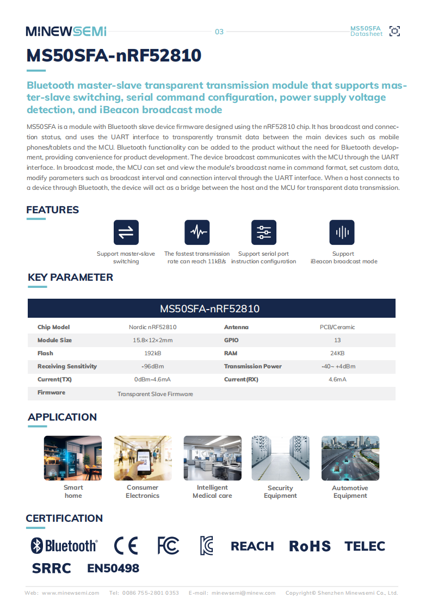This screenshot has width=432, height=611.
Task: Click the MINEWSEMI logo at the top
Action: (x=66, y=32)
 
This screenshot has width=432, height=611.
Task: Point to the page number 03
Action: (x=219, y=32)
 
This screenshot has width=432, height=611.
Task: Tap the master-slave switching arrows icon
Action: (x=126, y=232)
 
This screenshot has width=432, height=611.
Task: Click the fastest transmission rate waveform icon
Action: (x=197, y=232)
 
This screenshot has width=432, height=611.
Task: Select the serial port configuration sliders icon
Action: (x=263, y=232)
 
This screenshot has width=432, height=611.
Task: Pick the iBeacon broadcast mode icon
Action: (x=342, y=232)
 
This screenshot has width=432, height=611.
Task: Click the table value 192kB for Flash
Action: (x=152, y=353)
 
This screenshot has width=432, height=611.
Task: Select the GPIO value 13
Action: (x=337, y=340)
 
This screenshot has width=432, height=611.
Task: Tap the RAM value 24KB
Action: (x=337, y=353)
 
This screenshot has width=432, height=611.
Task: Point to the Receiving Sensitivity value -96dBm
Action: (x=152, y=366)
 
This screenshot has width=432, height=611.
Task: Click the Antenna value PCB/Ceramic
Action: (x=337, y=327)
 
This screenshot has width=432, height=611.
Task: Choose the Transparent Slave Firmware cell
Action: (x=155, y=394)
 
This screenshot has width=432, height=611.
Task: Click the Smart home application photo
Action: (x=73, y=458)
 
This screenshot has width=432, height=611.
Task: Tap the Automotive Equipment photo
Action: (x=350, y=458)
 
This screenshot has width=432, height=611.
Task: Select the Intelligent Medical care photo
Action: (x=212, y=458)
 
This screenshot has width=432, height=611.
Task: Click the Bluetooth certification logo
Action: (x=64, y=546)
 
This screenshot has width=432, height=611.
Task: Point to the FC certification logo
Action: (x=168, y=546)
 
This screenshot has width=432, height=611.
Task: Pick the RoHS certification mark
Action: (x=310, y=546)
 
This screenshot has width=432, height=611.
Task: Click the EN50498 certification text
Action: (x=113, y=569)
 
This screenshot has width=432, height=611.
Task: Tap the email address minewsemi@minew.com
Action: (x=243, y=593)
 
